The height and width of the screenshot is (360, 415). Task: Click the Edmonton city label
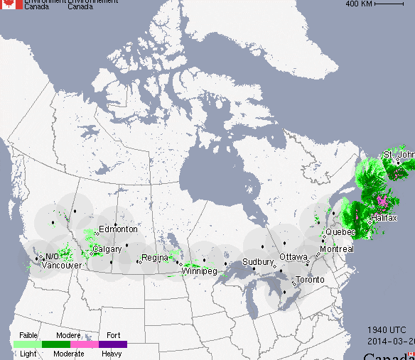118,229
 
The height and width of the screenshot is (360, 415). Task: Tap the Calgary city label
107,249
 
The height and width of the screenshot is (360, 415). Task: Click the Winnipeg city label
198,271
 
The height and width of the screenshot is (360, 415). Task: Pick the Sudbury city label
258,261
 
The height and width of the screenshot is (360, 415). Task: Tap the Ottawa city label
293,256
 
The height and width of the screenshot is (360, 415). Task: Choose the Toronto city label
310,280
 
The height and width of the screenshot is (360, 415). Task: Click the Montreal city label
336,249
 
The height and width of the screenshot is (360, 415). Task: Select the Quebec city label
340,232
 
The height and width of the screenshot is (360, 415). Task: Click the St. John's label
398,155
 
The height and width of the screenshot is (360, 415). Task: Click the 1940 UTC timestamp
387,330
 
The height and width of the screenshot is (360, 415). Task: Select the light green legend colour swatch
28,344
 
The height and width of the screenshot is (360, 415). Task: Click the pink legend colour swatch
85,344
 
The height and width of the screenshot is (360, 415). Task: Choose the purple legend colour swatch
113,344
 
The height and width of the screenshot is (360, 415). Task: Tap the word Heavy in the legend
112,353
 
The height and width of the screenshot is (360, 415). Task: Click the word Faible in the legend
28,334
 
